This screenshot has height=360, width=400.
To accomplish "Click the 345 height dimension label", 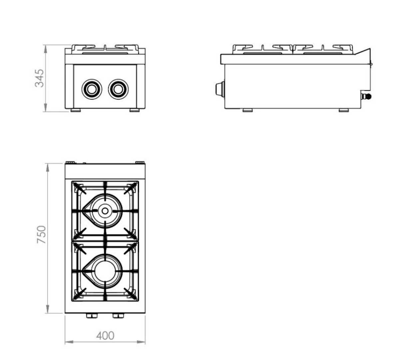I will tap(39, 78).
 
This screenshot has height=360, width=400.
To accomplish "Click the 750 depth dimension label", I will tap(41, 234).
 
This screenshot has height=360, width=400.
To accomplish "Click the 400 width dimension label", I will tap(105, 335).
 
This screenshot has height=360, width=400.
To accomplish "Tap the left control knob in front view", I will tap(91, 89).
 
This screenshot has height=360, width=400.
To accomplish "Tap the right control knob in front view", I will tap(118, 89).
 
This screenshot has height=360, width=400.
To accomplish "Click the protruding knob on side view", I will tap(219, 89).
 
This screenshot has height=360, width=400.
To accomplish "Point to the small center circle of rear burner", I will tap(105, 211).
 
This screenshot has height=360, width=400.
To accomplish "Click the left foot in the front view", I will tap(75, 110).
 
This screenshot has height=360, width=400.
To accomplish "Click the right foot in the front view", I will tap(134, 110).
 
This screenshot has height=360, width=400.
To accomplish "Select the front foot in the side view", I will tap(248, 110).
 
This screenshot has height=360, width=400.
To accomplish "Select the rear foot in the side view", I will tap(344, 110).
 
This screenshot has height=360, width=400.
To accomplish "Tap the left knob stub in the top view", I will tap(91, 316).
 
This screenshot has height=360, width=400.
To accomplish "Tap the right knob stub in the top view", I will tap(118, 316).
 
